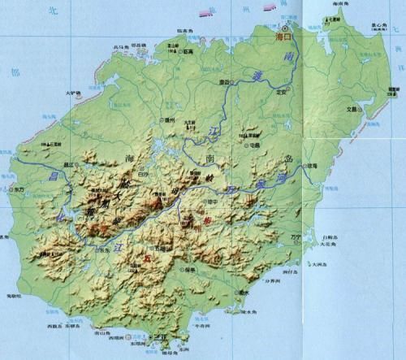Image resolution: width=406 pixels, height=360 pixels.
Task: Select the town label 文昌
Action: click(352, 108)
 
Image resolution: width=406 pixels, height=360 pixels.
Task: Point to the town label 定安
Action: click(283, 91)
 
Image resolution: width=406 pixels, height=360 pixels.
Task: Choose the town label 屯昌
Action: click(255, 145)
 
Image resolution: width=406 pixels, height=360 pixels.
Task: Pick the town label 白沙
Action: click(144, 173)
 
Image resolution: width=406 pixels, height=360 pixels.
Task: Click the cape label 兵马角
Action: click(119, 46)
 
